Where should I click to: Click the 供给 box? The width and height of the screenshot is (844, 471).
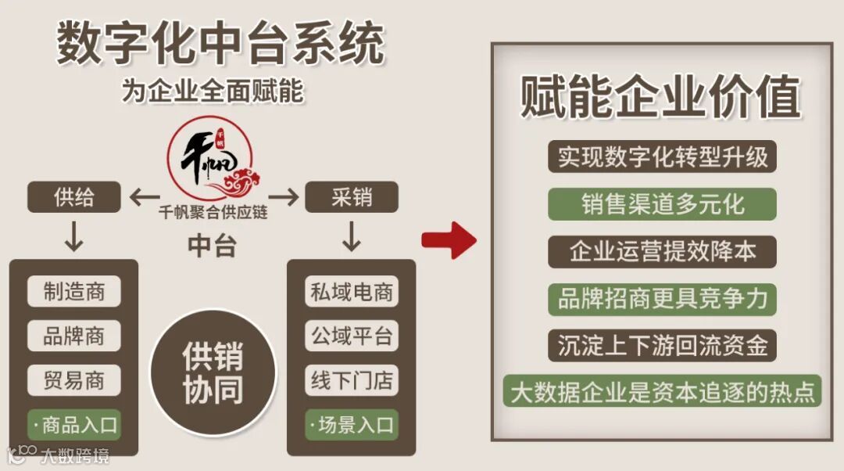[74, 197]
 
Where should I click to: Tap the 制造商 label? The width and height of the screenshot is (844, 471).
[74, 292]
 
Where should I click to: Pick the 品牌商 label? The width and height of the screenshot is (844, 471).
[74, 336]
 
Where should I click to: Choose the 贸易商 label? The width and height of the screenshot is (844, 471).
[74, 381]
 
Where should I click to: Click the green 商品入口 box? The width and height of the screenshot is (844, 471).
[74, 425]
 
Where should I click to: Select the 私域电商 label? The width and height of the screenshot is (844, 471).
[352, 292]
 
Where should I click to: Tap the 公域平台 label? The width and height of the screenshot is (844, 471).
[352, 336]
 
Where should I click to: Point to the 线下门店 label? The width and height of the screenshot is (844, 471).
[352, 381]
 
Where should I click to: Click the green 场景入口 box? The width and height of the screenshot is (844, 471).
[352, 425]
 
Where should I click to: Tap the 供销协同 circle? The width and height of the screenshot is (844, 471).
[213, 372]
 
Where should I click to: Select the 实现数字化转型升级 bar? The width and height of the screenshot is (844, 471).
[662, 157]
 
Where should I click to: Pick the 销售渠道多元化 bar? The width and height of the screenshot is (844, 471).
[662, 204]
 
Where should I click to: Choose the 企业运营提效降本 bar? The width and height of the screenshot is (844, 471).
[662, 251]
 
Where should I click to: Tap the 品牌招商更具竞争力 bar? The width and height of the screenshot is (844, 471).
[662, 298]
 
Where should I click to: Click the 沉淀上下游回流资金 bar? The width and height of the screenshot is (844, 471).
[662, 344]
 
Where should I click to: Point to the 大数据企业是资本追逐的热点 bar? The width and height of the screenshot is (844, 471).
[662, 390]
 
